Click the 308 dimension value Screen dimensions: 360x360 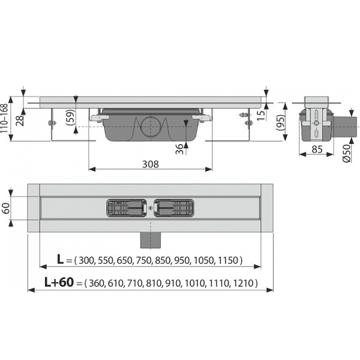tap(151, 164)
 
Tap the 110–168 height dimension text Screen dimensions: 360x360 tap(4, 118)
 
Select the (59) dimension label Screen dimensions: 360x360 tap(70, 118)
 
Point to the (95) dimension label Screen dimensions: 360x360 tap(281, 122)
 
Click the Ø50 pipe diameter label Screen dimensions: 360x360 tap(347, 153)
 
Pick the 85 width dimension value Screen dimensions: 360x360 tap(317, 149)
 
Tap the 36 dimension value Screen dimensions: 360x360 tap(179, 149)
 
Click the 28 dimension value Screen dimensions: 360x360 tap(20, 121)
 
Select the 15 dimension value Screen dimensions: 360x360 tap(261, 115)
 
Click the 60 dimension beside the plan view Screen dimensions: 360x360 tap(6, 208)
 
